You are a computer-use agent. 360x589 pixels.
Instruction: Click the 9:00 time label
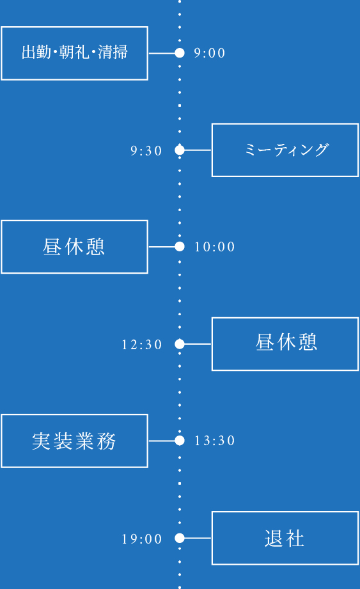pos(210,53)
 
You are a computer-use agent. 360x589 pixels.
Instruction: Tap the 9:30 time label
pos(146,151)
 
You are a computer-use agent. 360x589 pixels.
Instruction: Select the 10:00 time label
pos(215,247)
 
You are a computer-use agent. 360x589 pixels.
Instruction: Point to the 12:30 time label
pos(142,345)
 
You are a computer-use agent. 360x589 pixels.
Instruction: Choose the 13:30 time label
pos(215,441)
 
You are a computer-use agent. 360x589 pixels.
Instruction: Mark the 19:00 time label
pos(142,539)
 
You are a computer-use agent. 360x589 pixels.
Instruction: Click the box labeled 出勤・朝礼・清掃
pos(74,53)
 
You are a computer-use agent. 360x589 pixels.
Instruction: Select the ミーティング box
pos(285,150)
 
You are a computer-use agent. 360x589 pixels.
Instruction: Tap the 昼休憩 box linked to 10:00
pos(74,247)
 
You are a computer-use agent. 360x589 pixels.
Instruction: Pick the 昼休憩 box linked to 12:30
pos(285,344)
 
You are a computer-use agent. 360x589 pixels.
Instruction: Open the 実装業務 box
pos(74,441)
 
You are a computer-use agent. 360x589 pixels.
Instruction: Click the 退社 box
pos(285,538)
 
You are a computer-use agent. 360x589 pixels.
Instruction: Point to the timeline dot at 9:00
pos(180,53)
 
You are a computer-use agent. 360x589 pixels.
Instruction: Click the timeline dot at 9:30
pos(180,150)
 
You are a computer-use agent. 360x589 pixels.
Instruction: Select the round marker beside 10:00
pos(180,247)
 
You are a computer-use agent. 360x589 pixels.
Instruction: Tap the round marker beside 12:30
pos(180,344)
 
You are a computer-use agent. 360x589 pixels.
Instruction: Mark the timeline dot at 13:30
pos(180,441)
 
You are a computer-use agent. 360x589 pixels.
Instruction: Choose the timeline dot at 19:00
pos(180,538)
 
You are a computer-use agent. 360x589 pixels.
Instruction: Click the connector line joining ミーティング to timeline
pos(198,150)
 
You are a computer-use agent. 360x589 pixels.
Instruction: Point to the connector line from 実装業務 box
pos(161,441)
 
